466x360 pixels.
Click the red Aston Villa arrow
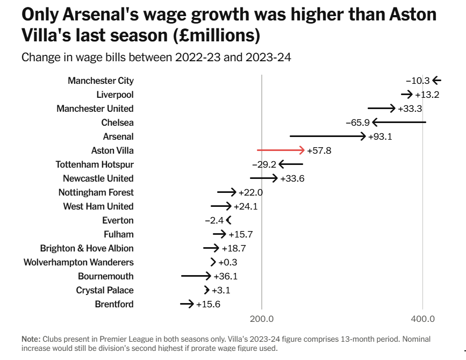[x=281, y=150]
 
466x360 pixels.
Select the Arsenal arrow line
[x=327, y=136]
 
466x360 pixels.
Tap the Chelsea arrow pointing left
[x=399, y=123]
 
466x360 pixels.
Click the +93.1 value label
[x=380, y=136]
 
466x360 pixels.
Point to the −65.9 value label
[x=357, y=123]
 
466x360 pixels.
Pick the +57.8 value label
[x=319, y=150]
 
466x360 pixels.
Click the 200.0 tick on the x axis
[x=262, y=319]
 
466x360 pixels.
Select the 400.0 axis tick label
[x=422, y=319]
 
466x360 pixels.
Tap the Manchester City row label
[x=101, y=81]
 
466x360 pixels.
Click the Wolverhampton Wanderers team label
[x=78, y=262]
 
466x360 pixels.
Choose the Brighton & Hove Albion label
[x=87, y=248]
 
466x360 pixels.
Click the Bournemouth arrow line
[x=196, y=276]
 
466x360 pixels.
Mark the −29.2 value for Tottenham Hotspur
[x=264, y=164]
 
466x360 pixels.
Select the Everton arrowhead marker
[x=229, y=220]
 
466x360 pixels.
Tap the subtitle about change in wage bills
[x=156, y=57]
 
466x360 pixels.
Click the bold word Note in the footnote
[x=30, y=340]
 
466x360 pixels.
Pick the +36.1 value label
[x=226, y=276]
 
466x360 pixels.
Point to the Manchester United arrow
[x=382, y=109]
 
